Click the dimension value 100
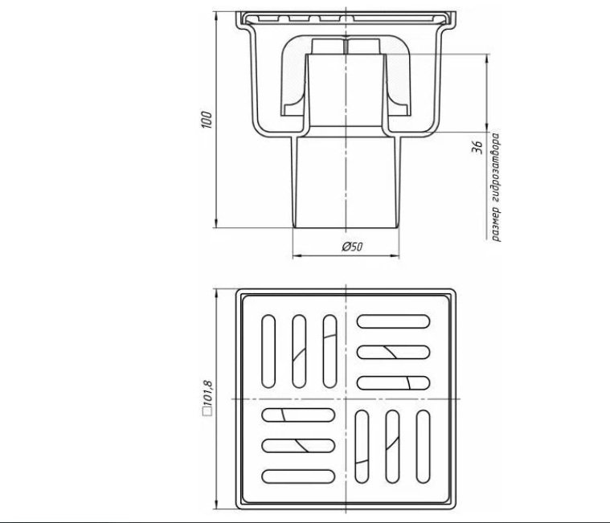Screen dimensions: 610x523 click(x=207, y=121)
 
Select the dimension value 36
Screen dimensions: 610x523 click(x=477, y=147)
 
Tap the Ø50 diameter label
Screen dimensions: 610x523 click(x=353, y=247)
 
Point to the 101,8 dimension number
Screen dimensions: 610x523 click(x=207, y=392)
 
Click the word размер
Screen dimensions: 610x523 click(x=495, y=224)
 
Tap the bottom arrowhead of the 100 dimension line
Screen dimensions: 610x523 click(x=215, y=223)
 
